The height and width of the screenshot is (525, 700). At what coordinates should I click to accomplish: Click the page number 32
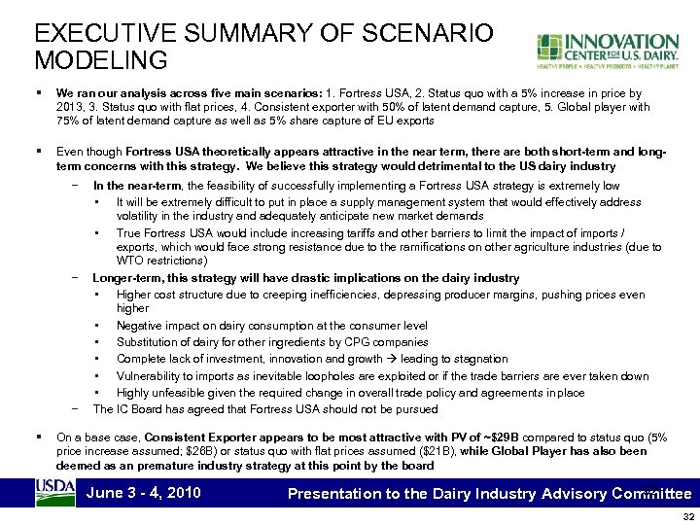pyautogui.click(x=688, y=516)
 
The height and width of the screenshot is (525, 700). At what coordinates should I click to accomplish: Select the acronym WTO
pyautogui.click(x=132, y=261)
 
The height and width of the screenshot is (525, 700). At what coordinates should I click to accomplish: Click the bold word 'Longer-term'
pyautogui.click(x=127, y=277)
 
